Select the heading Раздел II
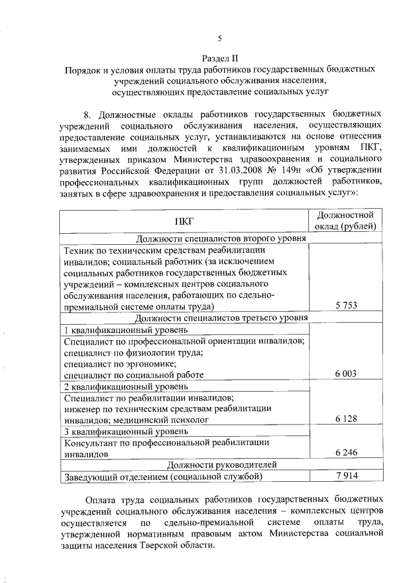tap(219, 57)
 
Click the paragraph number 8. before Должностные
tap(89, 114)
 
